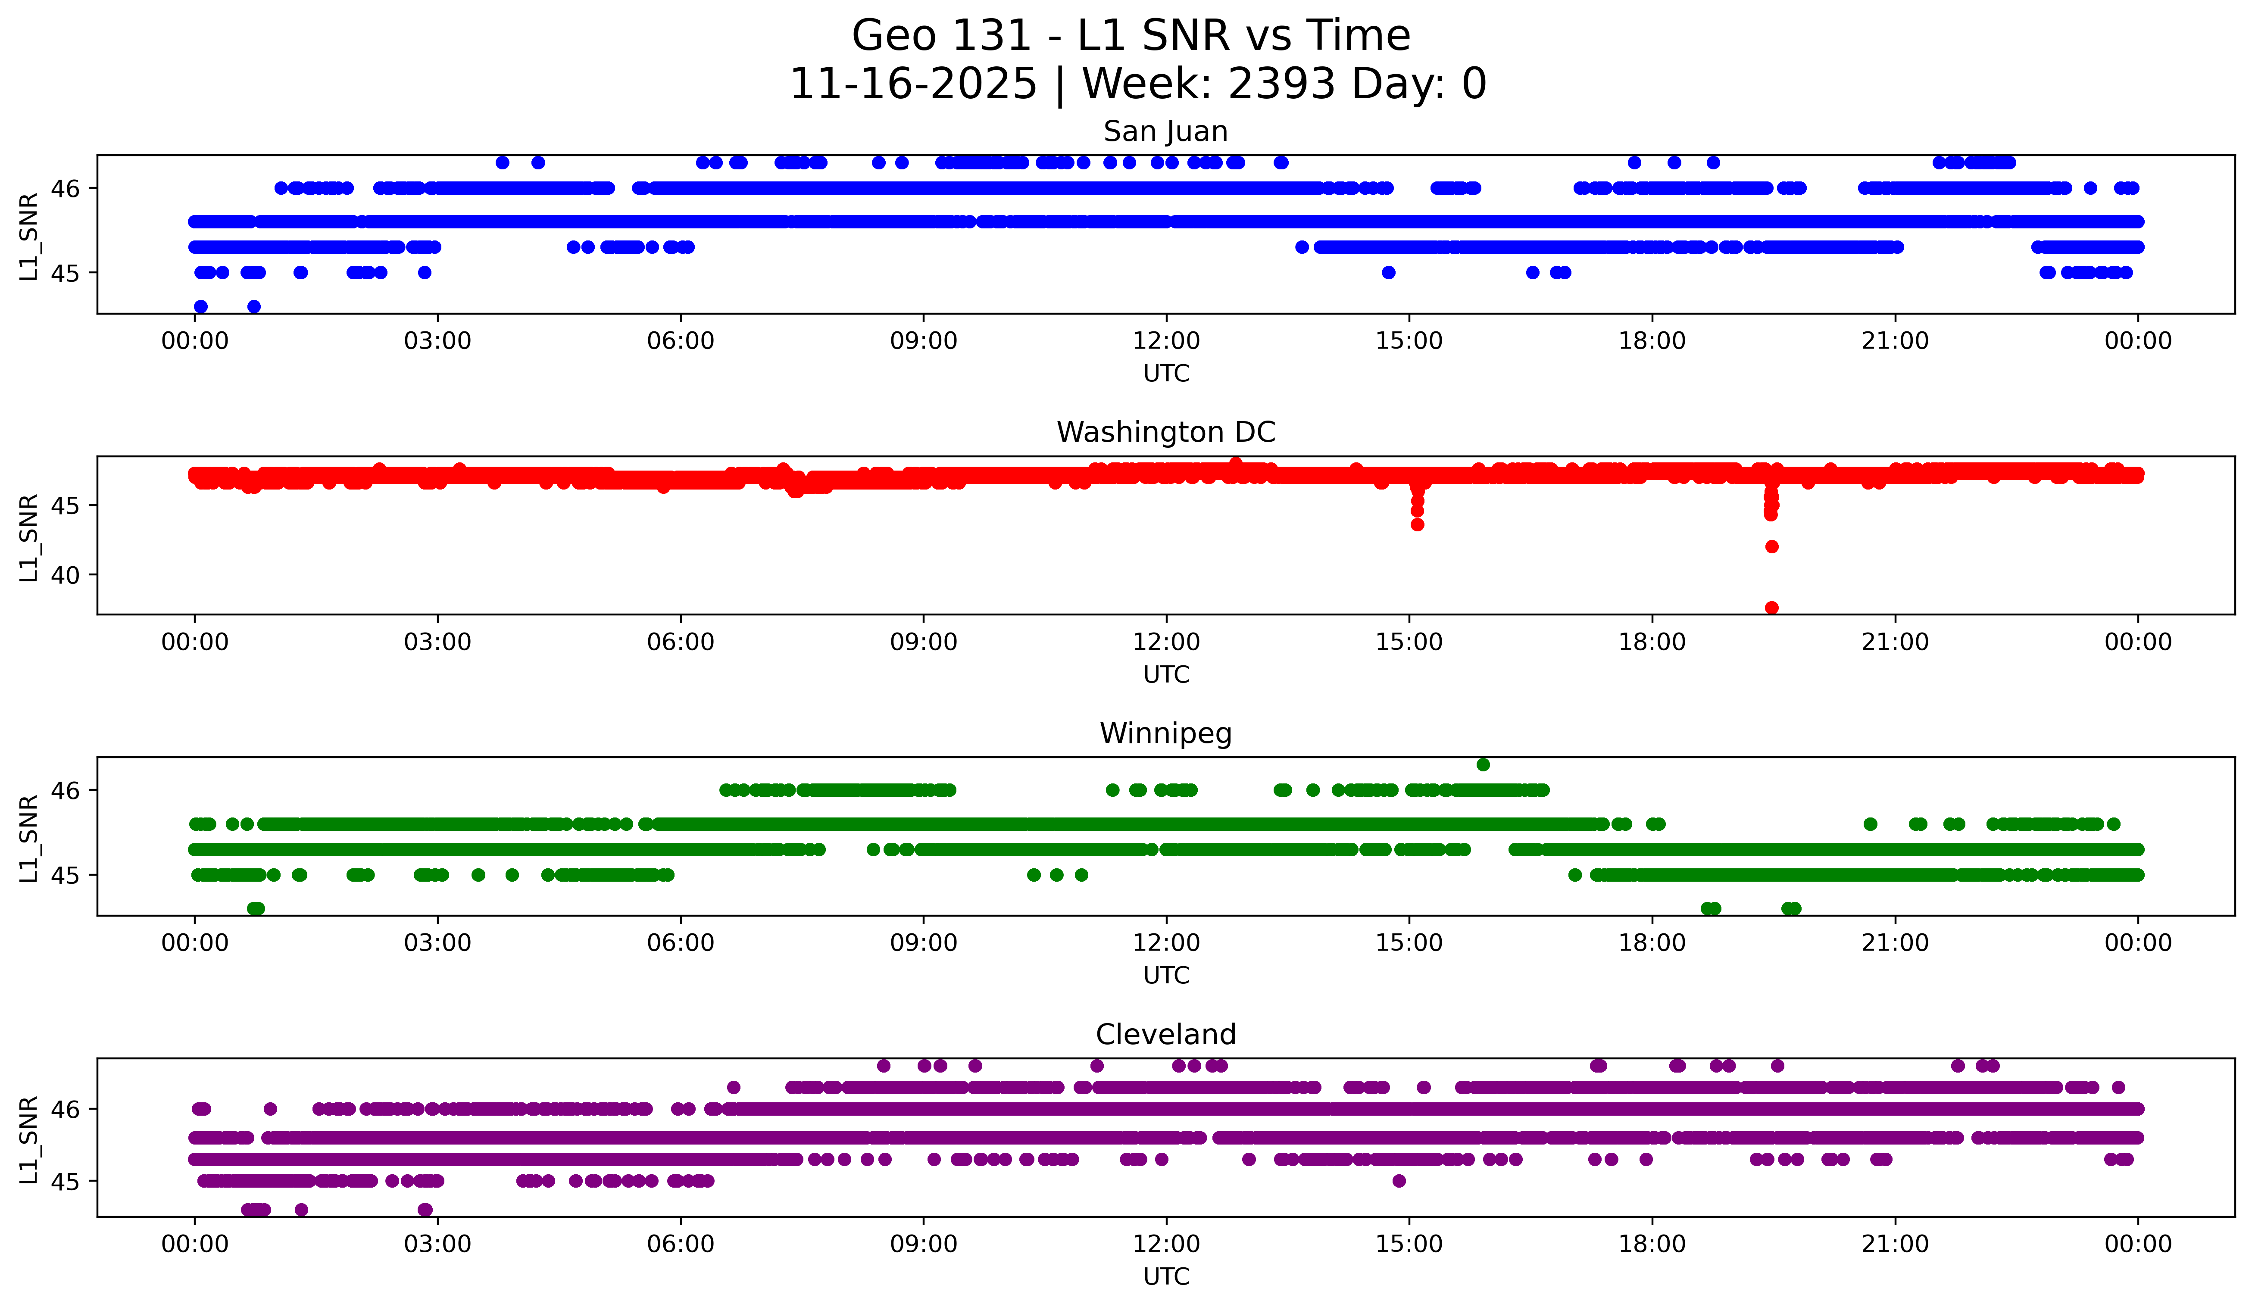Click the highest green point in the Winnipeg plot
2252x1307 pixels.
point(1484,764)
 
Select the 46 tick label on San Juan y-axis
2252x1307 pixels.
point(65,188)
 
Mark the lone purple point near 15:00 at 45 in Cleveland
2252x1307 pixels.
point(1399,1181)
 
